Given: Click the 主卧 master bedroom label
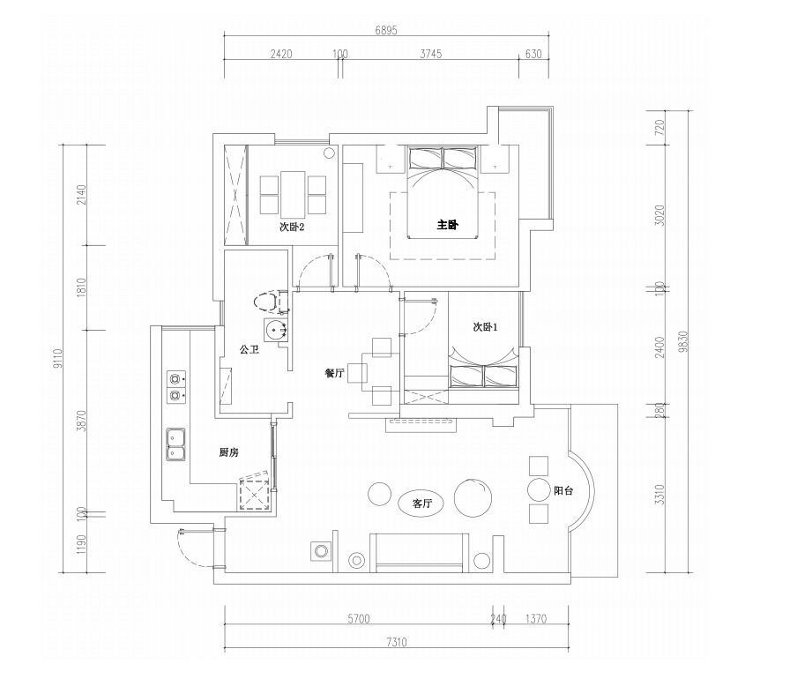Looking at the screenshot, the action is point(448,225).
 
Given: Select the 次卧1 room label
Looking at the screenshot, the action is point(485,327).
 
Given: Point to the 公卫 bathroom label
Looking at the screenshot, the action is point(249,350).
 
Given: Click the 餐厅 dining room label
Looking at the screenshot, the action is point(334,373).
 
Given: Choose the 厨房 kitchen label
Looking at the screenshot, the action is point(229,452).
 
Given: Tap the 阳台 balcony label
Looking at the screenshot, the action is point(563,490).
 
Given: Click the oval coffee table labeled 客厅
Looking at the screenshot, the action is point(421,503).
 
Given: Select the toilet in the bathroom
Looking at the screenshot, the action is point(269,302).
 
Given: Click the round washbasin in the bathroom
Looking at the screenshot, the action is point(275,330).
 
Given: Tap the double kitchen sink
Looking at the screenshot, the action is point(176,444).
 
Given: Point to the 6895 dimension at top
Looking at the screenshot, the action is point(386,31).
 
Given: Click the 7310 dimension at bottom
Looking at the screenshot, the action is point(396,642).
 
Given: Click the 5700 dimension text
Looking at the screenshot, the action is point(358,618).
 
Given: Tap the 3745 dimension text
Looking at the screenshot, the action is point(431,54).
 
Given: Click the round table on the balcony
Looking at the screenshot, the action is point(538,489).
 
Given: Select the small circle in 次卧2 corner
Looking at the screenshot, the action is point(328,153).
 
